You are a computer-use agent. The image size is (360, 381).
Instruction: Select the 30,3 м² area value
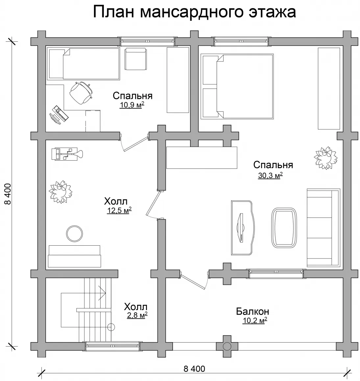click(270, 175)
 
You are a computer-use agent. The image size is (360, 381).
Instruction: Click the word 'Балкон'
click(252, 311)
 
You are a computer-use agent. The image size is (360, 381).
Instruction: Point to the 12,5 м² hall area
click(119, 210)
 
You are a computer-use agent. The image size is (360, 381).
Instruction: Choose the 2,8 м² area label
click(137, 315)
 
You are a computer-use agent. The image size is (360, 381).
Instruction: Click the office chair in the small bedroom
click(81, 93)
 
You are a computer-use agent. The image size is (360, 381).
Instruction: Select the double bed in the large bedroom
click(237, 83)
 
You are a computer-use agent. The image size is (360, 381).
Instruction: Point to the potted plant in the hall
click(60, 192)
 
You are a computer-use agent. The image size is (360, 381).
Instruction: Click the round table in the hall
click(74, 234)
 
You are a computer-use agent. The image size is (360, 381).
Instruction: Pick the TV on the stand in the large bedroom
click(241, 228)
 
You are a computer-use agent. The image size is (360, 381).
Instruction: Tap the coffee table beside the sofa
click(284, 228)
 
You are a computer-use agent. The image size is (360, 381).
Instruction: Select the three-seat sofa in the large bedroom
click(324, 228)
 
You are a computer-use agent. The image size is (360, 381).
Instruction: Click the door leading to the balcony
click(193, 281)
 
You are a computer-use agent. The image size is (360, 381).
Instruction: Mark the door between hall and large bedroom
click(153, 204)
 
